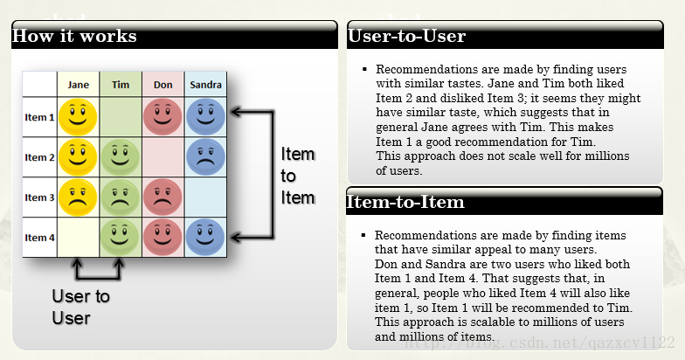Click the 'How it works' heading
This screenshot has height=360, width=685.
coord(74,37)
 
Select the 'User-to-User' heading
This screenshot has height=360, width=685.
coord(406,37)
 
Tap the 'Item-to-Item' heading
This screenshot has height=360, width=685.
coord(406,203)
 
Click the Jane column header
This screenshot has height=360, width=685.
coord(79,85)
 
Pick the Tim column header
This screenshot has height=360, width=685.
coord(121,85)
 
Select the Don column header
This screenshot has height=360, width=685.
coord(163,85)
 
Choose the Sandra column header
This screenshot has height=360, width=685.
coord(205,85)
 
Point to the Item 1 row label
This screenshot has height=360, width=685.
coord(39,116)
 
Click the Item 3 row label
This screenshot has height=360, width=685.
coord(39,197)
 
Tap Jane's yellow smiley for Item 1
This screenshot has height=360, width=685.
coord(79,115)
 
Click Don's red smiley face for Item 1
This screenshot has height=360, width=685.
coord(163,115)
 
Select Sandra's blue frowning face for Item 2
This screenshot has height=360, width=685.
coord(205,156)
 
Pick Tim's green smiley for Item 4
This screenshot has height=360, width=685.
coord(121,236)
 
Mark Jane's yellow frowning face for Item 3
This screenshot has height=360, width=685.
coord(79,197)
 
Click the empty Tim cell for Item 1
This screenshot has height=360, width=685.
coord(121,115)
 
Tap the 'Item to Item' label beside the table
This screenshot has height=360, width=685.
coord(297,176)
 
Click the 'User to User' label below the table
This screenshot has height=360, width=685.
coord(80,307)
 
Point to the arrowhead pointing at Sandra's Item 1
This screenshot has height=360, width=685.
coord(235,111)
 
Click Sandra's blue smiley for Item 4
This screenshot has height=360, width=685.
coord(205,236)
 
